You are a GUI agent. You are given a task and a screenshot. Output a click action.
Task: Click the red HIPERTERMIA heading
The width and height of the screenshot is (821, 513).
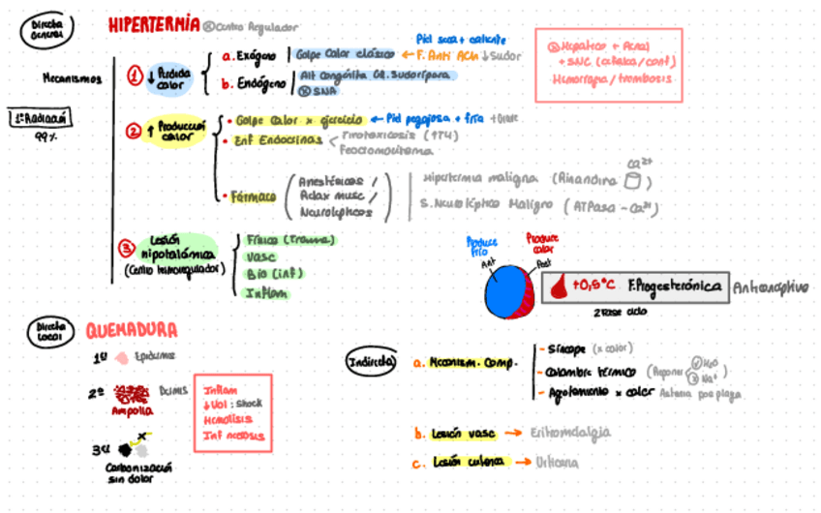point(154,25)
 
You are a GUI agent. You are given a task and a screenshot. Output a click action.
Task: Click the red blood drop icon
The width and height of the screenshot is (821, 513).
point(560,287)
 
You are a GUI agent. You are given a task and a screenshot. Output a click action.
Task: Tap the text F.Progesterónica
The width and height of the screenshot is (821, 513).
point(675,287)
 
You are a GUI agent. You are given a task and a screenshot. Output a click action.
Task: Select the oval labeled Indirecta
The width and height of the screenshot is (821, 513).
point(372,362)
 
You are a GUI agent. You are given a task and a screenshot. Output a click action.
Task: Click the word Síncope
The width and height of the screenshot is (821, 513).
point(563,348)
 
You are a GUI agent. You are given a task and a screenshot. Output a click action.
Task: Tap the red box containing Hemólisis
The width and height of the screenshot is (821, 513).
point(229,412)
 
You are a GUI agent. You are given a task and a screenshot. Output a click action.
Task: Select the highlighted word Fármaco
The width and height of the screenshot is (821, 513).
point(254,196)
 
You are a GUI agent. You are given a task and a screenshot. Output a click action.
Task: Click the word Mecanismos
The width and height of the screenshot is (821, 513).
point(72,79)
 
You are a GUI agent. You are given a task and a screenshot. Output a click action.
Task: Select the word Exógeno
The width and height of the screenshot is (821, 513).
point(260,55)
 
